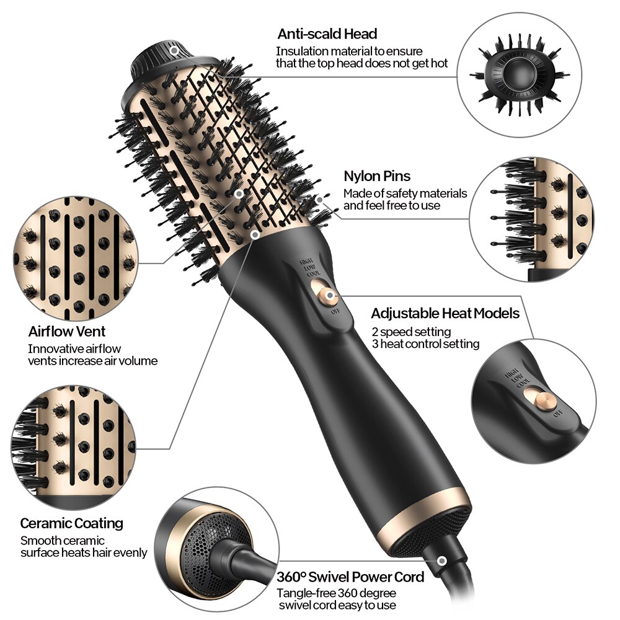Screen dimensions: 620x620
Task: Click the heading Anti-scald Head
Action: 327,33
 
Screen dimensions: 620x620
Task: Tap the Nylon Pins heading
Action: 376,176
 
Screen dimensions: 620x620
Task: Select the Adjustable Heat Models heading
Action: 445,313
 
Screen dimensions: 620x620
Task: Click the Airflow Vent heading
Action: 67,331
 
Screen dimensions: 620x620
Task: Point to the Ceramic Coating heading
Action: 71,523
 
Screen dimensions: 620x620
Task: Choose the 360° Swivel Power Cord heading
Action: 350,577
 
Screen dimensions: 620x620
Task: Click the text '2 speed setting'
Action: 411,331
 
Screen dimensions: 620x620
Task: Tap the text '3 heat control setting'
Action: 425,343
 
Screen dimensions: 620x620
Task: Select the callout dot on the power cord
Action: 441,561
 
